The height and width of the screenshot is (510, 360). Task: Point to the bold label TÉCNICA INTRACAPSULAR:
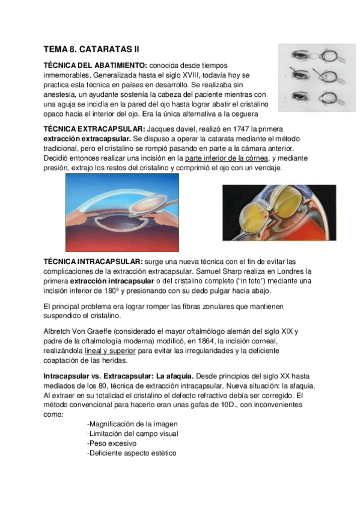point(93,262)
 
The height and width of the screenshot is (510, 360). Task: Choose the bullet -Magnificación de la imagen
point(132,424)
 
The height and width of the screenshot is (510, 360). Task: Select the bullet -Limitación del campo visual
point(132,434)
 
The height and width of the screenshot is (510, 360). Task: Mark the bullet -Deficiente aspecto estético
point(131,453)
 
